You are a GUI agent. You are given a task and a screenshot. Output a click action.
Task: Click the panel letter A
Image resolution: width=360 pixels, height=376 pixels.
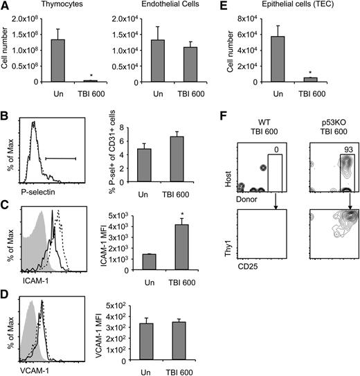6,6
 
